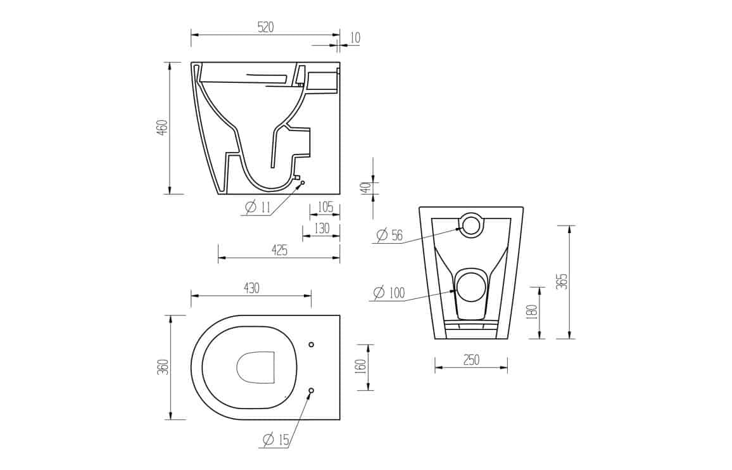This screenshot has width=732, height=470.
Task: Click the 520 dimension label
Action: point(265,27)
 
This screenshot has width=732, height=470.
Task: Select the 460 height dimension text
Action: point(161,127)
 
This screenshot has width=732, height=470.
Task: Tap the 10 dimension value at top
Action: point(355,37)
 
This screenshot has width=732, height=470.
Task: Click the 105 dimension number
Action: point(325,206)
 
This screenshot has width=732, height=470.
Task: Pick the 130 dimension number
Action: point(322,229)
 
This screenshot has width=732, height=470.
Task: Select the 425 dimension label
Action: point(279,250)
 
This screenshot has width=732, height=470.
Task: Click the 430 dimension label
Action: point(251,288)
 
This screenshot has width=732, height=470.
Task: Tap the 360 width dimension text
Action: point(163,367)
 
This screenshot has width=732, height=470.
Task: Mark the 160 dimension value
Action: point(361,367)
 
